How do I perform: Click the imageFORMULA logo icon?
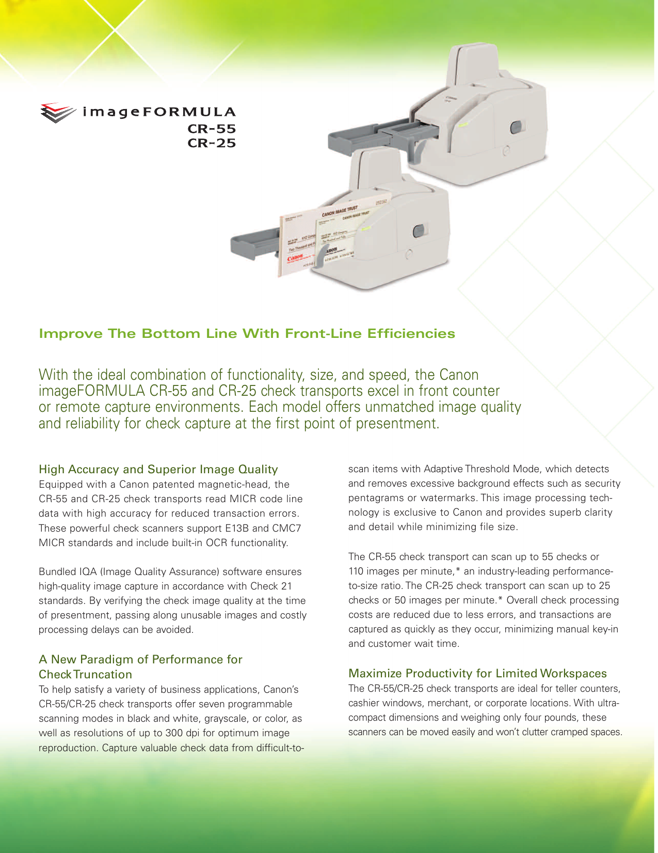click(58, 112)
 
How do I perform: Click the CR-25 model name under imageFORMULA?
click(212, 143)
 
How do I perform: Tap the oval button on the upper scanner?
click(515, 128)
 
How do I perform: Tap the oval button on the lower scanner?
click(419, 230)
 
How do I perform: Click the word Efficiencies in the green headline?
click(411, 334)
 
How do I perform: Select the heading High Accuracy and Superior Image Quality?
click(158, 469)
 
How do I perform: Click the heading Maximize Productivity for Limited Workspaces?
click(477, 673)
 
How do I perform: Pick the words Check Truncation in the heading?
click(85, 674)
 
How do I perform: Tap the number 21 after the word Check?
click(286, 586)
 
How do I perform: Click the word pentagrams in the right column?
click(374, 498)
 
